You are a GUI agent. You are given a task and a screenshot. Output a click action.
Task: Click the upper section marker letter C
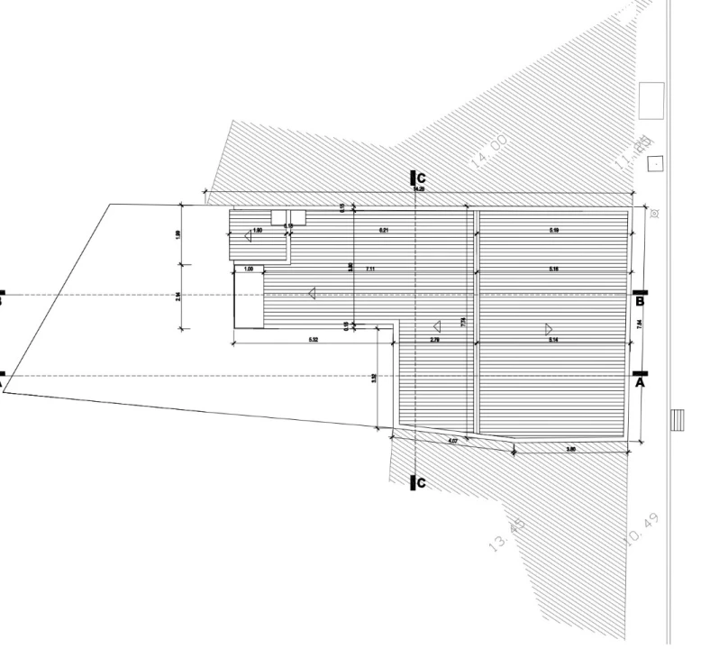tap(421, 178)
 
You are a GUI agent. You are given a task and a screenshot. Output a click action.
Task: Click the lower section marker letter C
tap(421, 484)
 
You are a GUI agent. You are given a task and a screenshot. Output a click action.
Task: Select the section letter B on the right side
tap(639, 302)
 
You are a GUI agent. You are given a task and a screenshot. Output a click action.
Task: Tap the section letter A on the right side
tap(641, 382)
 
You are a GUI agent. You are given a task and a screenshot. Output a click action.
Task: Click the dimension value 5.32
tap(313, 340)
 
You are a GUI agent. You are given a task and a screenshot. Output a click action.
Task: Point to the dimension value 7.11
tap(370, 270)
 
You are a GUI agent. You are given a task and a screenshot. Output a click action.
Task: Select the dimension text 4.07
tap(453, 440)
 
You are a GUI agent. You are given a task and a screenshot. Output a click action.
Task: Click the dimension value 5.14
tap(553, 340)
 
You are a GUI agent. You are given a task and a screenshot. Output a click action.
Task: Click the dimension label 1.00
tap(249, 269)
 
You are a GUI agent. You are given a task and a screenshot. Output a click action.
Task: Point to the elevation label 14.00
tap(490, 151)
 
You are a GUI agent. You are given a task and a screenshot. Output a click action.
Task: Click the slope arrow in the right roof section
tap(548, 327)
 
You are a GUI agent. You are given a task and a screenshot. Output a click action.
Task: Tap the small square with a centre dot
tap(656, 164)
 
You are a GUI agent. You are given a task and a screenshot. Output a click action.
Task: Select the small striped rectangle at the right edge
tap(678, 420)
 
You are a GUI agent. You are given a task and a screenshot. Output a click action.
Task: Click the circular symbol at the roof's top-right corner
tap(655, 214)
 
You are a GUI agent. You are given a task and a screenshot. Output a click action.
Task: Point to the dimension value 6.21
tap(384, 231)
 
